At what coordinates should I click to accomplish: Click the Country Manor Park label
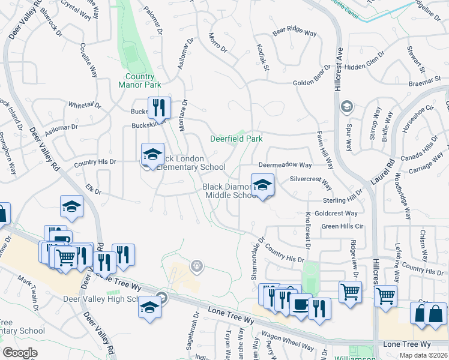click(140, 81)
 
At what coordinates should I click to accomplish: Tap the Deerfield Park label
click(237, 139)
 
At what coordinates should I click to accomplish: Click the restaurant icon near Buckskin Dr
click(159, 108)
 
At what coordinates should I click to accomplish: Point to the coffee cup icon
click(300, 304)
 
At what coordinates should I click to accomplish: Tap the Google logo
click(20, 353)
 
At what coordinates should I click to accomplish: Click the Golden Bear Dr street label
click(312, 83)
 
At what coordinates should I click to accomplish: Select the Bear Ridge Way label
click(294, 32)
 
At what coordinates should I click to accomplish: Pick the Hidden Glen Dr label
click(364, 67)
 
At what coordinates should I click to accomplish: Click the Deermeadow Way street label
click(285, 164)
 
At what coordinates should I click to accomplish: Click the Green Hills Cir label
click(343, 226)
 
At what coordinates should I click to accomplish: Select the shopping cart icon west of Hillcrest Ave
click(350, 292)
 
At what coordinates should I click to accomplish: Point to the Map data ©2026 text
click(423, 355)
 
